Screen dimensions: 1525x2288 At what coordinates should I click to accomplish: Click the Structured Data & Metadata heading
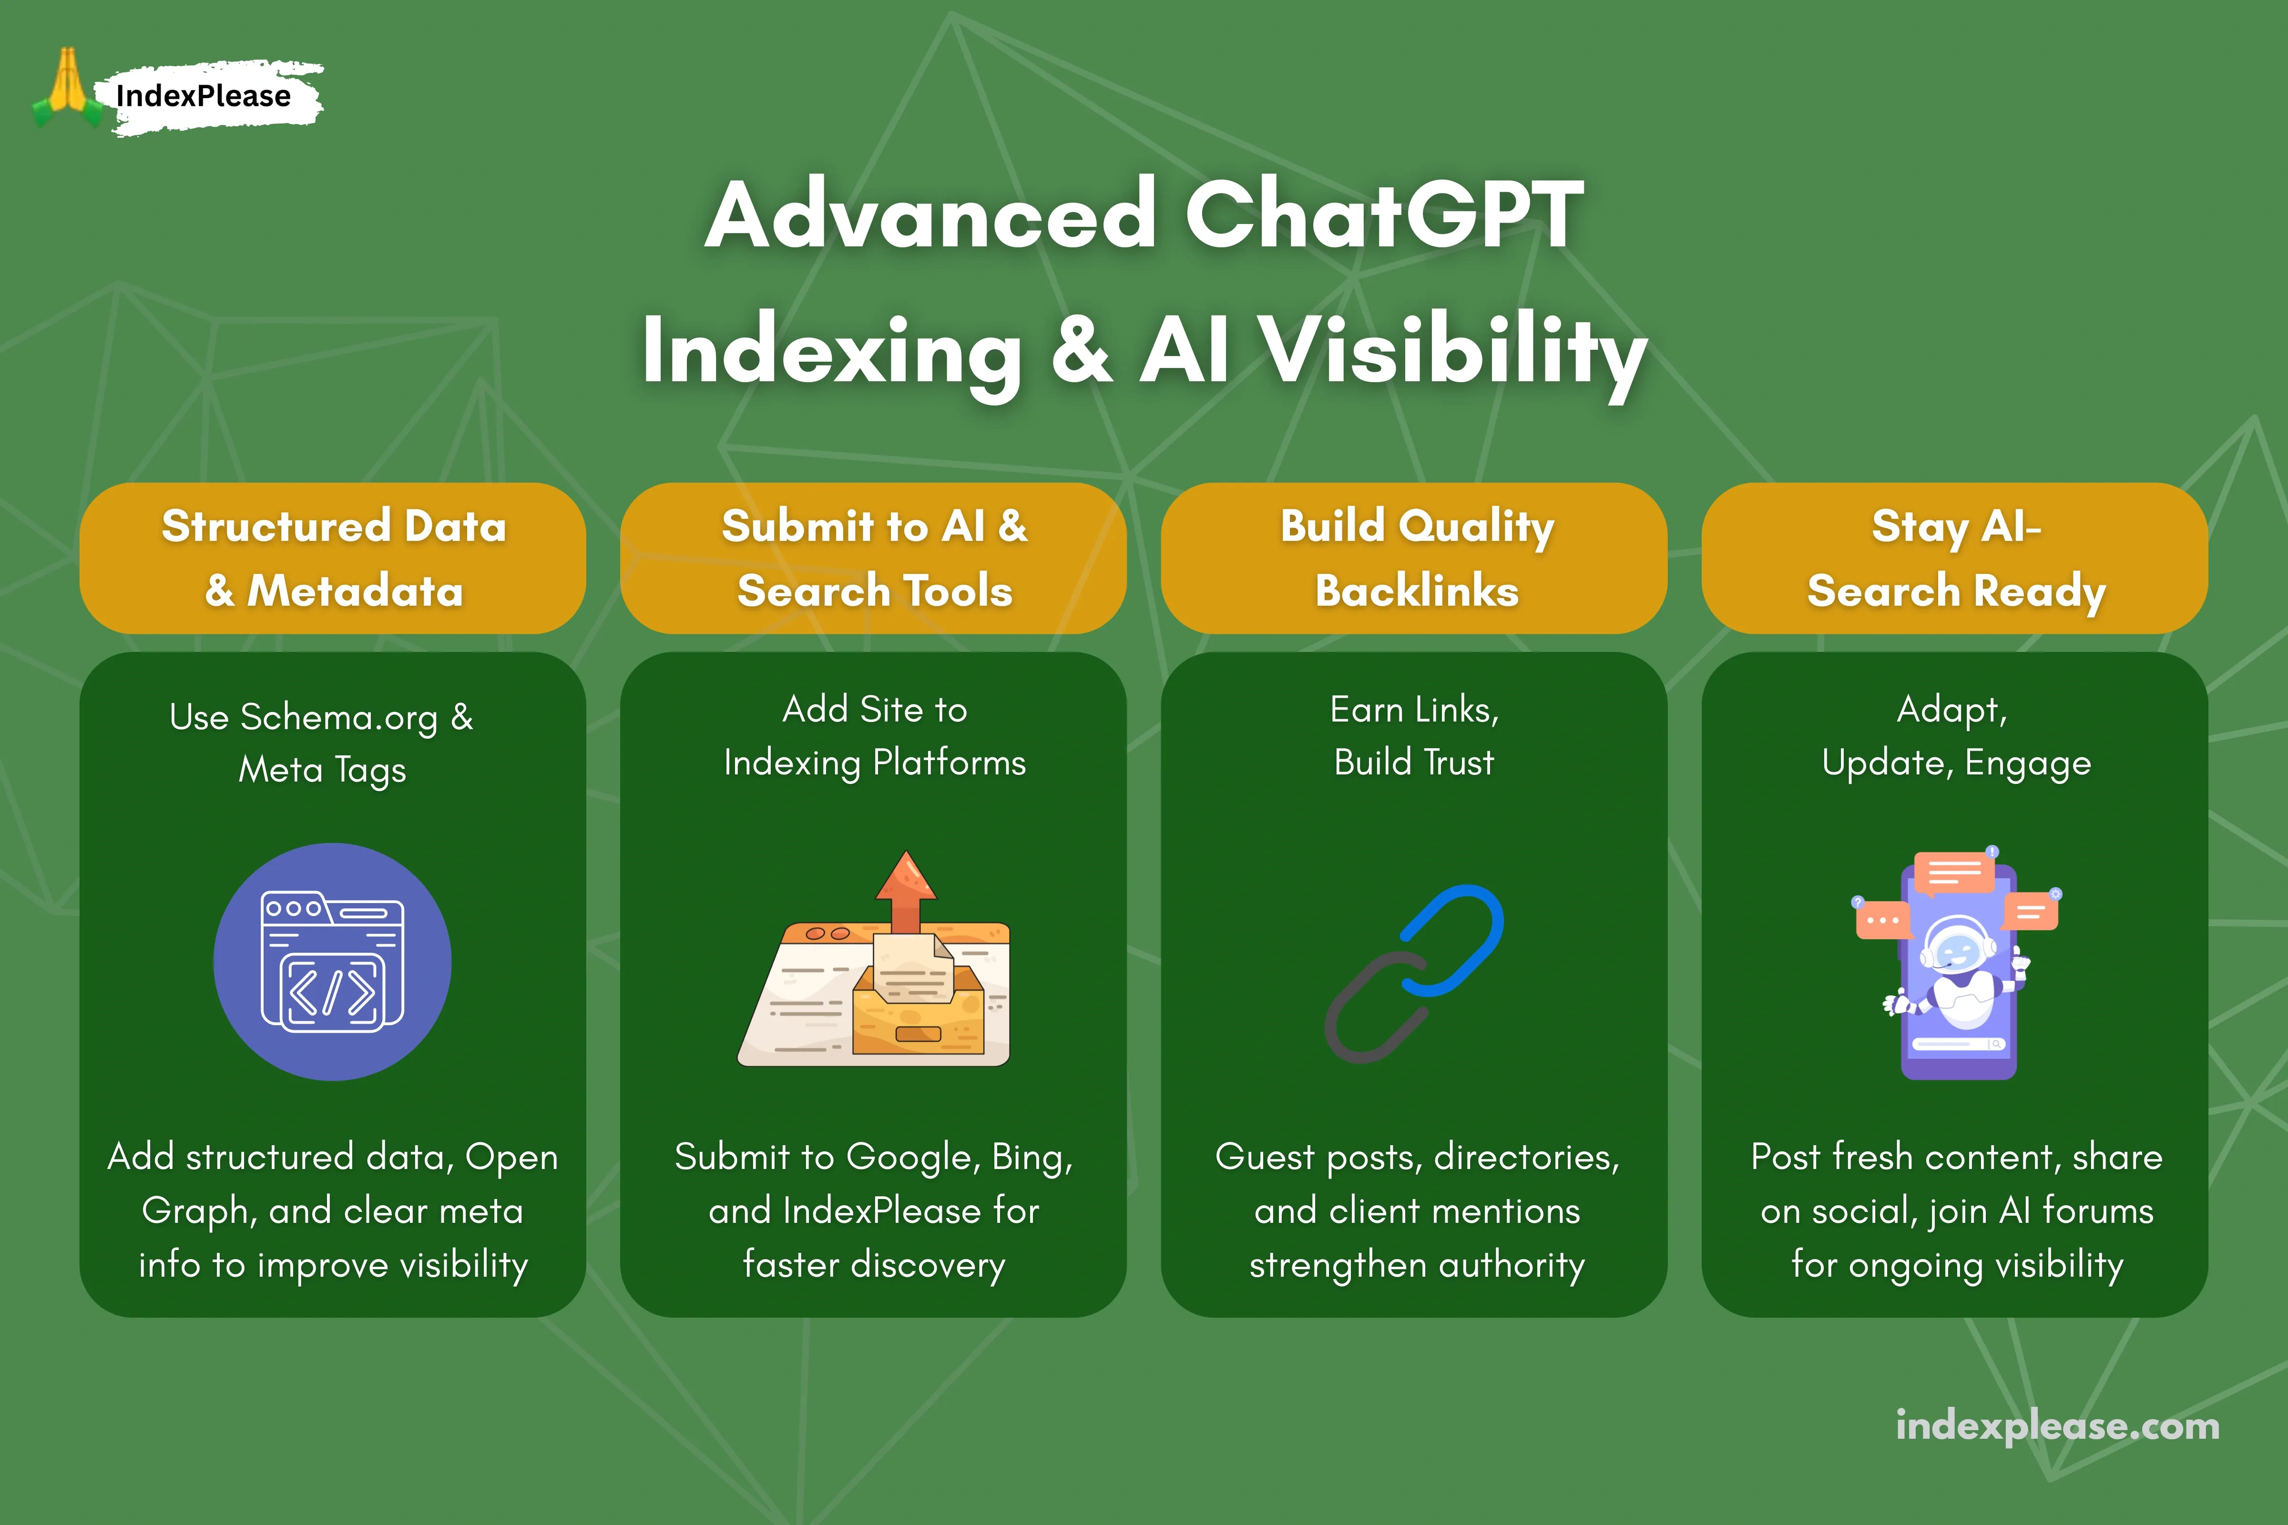pyautogui.click(x=333, y=558)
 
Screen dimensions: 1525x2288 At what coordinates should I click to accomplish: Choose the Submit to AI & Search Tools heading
pyautogui.click(x=874, y=558)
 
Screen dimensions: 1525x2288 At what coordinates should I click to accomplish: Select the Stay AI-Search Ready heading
pyautogui.click(x=1955, y=558)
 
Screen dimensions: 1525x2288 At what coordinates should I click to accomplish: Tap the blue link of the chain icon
pyautogui.click(x=1452, y=938)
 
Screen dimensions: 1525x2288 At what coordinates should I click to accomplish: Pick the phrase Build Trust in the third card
pyautogui.click(x=1413, y=762)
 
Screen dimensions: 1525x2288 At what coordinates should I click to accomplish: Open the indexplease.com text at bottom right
pyautogui.click(x=2057, y=1426)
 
